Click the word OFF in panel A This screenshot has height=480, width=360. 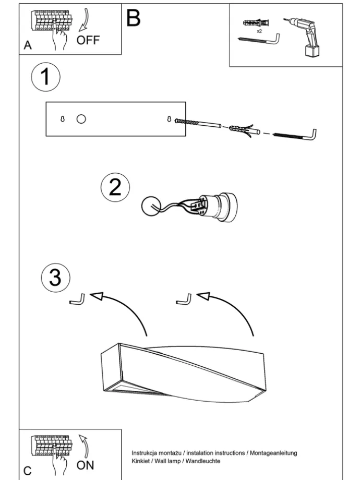click(x=88, y=40)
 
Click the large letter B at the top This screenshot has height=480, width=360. click(x=133, y=18)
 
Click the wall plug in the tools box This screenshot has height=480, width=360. click(x=256, y=23)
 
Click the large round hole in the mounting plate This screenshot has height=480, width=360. click(x=81, y=119)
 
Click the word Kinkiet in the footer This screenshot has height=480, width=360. click(x=139, y=461)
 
